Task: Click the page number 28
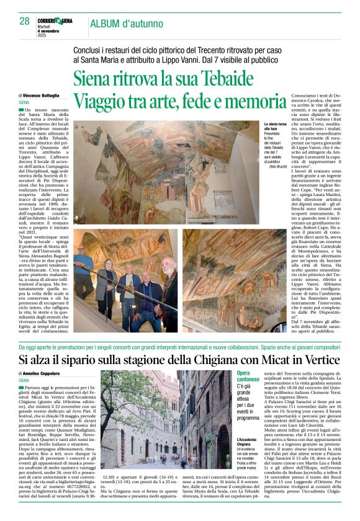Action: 24,21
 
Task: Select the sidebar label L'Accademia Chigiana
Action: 264,443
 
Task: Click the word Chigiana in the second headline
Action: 205,360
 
